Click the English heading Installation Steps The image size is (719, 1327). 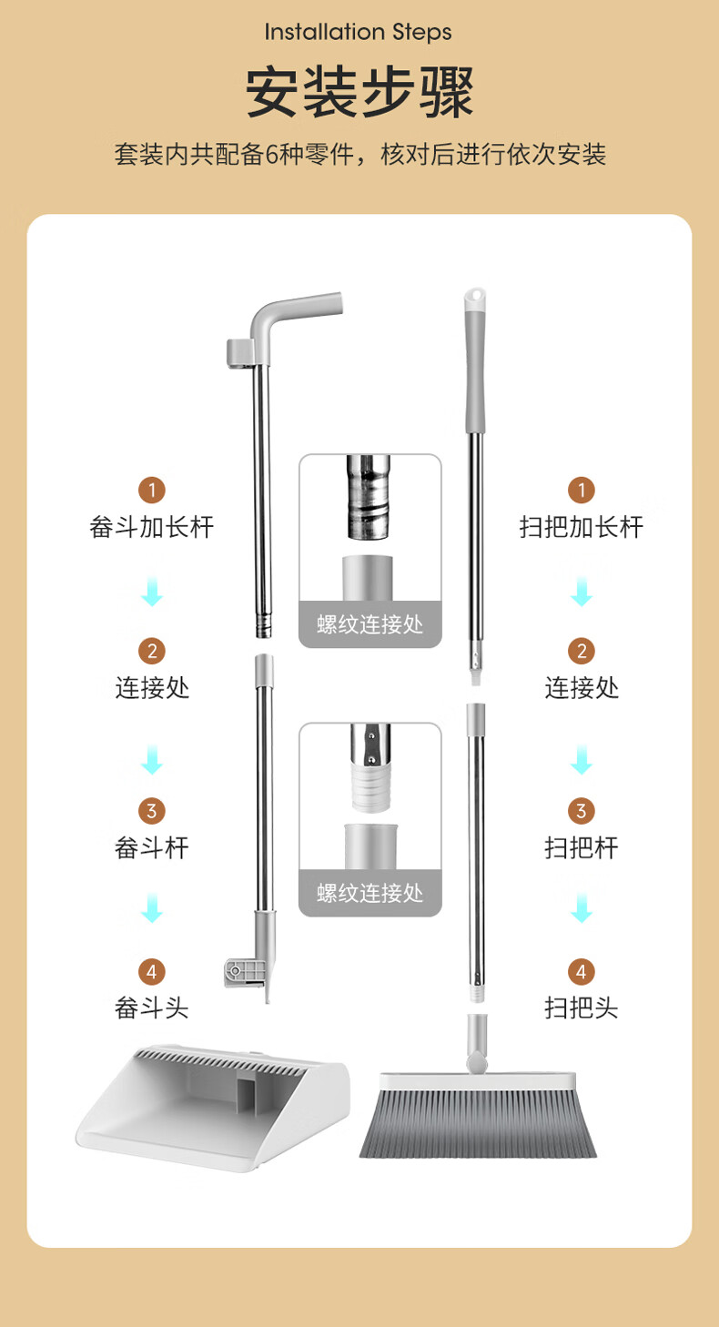coord(358,32)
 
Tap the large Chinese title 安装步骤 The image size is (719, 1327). coord(359,93)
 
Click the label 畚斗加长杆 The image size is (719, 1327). coord(152,527)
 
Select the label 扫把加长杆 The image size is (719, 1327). coord(581,527)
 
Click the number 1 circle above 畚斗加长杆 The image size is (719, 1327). coord(152,490)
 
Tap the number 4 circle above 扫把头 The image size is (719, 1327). coord(581,971)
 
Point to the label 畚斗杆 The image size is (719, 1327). coord(152,847)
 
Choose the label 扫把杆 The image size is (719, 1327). coord(581,847)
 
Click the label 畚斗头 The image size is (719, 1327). coord(152,1008)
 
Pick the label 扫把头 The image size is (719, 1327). coord(581,1008)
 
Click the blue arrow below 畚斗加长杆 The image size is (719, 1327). coord(152,591)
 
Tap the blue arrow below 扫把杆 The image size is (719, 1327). coord(582,907)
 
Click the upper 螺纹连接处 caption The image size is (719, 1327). coord(370,624)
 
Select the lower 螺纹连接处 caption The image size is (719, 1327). coord(370,893)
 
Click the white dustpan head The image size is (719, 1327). coord(213,1107)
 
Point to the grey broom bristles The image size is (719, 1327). coord(478,1122)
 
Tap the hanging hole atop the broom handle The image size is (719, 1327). coord(475,295)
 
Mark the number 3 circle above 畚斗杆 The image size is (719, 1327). coord(152,810)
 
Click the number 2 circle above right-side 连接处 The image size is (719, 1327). coord(581,651)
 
